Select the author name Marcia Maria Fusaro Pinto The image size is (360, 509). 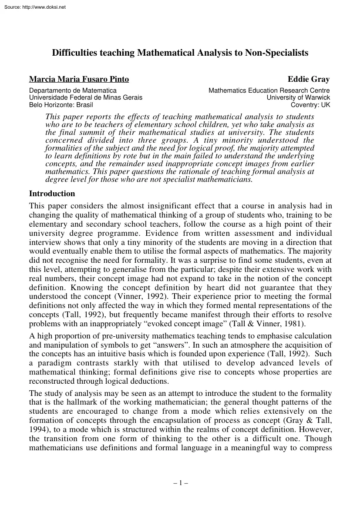pos(79,79)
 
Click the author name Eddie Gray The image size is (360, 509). pos(309,79)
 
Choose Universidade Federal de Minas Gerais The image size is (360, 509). pos(85,97)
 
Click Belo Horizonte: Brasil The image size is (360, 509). pos(61,104)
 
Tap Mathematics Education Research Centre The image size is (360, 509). pos(269,90)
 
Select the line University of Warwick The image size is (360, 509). pos(298,97)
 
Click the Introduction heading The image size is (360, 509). pos(52,194)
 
